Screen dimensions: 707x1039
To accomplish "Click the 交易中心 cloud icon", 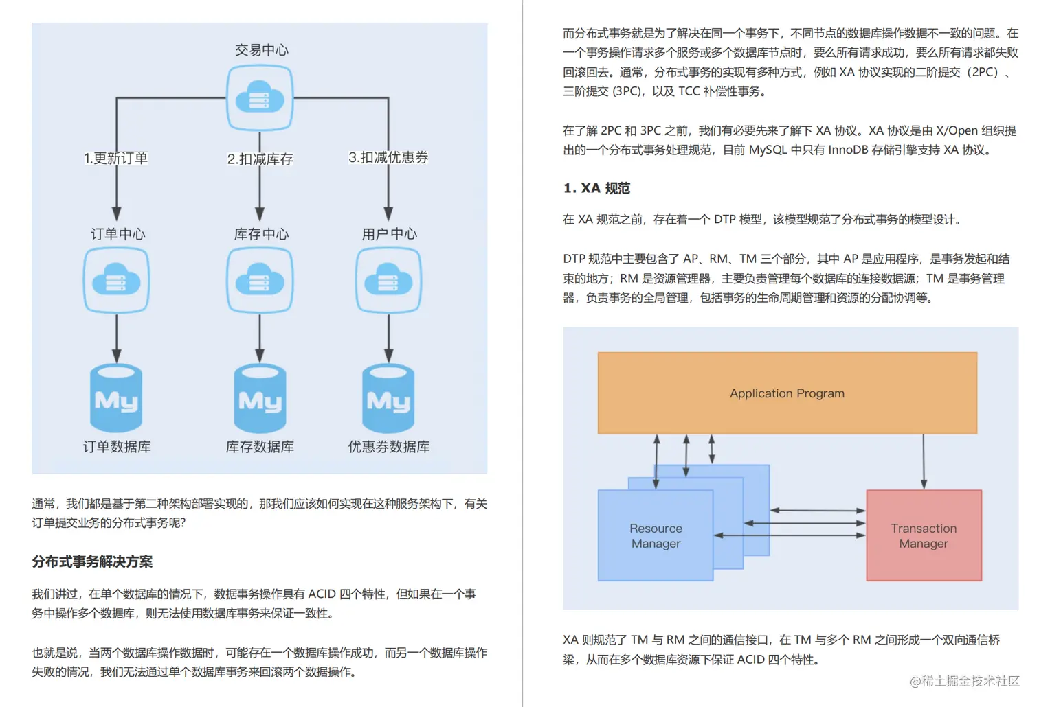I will point(260,97).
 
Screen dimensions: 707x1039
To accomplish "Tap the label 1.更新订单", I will point(115,158).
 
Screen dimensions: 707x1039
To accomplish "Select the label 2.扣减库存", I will point(260,159).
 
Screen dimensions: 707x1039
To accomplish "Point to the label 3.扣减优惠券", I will point(388,157).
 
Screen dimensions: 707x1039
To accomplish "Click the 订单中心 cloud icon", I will point(116,280).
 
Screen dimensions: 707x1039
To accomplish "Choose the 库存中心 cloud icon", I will point(260,280).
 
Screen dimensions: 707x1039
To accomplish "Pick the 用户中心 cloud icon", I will point(388,280).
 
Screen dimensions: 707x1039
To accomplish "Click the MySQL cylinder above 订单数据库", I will point(116,399).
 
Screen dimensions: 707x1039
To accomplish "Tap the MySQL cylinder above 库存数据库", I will point(260,399).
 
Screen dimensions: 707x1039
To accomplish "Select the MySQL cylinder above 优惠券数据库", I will point(388,399).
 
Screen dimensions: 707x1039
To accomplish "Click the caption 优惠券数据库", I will point(388,447).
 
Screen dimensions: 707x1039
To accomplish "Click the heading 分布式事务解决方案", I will point(92,561).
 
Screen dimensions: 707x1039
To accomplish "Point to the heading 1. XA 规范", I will point(596,188).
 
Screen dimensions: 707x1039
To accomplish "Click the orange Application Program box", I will point(787,393).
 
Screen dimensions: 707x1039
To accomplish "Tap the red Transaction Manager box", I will point(924,535).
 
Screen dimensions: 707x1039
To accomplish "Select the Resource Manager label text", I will point(656,535).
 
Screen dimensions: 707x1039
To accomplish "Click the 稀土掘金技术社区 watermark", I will point(965,681).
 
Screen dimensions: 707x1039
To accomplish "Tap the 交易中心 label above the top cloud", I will point(261,49).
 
